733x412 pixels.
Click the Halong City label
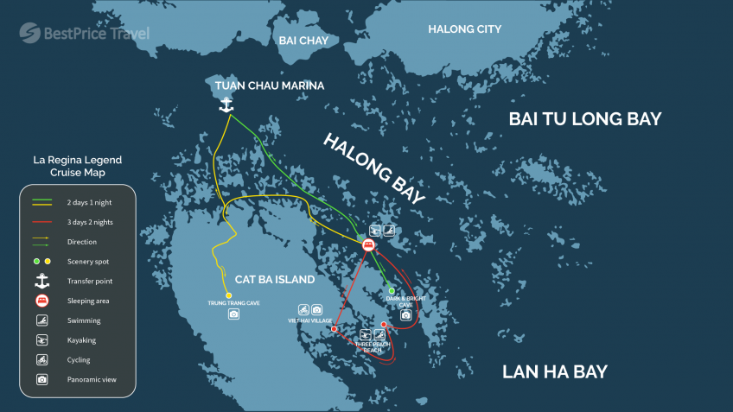[464, 29]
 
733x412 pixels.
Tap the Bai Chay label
[299, 40]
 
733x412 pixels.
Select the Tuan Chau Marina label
[270, 86]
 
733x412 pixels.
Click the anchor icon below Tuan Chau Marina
[226, 105]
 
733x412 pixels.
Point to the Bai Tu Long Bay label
[585, 119]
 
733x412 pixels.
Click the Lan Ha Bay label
[554, 372]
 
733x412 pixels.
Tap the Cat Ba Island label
[275, 280]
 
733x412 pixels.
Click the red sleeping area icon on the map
[368, 246]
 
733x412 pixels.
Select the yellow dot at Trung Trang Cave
[228, 295]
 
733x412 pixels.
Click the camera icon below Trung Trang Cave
[233, 314]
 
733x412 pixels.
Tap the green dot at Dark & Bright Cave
[392, 290]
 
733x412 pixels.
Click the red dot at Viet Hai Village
[333, 328]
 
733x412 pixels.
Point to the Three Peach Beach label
[373, 346]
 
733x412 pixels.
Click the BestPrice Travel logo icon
[30, 33]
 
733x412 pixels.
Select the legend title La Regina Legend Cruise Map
[77, 167]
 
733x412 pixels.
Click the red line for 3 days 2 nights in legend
[41, 222]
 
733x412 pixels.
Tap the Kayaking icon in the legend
[41, 340]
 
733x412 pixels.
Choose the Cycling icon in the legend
[41, 359]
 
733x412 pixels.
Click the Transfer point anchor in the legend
[41, 281]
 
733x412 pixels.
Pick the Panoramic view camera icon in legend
[41, 379]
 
